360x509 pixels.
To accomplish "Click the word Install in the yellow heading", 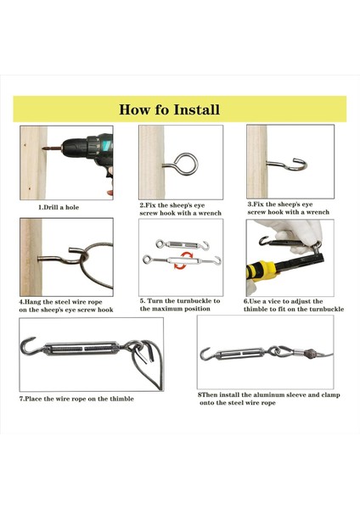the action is [196, 109].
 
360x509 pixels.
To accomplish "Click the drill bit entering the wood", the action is [53, 148].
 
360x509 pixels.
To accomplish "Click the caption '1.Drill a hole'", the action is [59, 208].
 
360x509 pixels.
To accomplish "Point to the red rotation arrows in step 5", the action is [181, 260].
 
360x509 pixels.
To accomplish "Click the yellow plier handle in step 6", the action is [261, 270].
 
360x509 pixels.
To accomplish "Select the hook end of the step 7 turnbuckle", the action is [29, 345].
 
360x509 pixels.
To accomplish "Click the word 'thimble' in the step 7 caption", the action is [121, 399].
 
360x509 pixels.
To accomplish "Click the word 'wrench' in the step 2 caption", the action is [210, 213].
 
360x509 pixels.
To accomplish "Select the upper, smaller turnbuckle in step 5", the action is [183, 245].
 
